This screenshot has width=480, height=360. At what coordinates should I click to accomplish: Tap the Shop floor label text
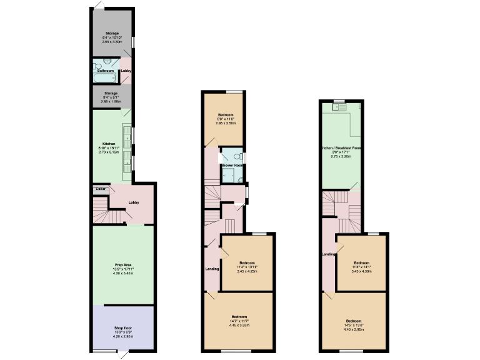click(x=122, y=328)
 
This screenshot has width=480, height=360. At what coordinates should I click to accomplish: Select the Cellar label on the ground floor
click(x=100, y=189)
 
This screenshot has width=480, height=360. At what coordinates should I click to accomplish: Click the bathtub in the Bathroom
click(x=105, y=77)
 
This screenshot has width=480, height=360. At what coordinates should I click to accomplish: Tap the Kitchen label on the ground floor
click(x=109, y=143)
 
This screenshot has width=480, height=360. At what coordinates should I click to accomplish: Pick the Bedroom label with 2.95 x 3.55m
click(x=225, y=116)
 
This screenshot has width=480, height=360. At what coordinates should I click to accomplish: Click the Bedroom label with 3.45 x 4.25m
click(x=247, y=262)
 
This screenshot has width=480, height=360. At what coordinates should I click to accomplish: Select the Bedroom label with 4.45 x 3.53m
click(x=239, y=317)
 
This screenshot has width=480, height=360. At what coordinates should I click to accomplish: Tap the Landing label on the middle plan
click(x=212, y=269)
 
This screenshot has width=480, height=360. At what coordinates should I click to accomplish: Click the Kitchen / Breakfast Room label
click(x=342, y=147)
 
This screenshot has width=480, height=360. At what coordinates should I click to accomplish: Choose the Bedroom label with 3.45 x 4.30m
click(x=362, y=262)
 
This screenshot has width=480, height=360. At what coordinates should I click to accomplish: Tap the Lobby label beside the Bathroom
click(x=126, y=71)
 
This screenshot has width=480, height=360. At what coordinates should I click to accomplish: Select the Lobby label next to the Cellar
click(x=133, y=202)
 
